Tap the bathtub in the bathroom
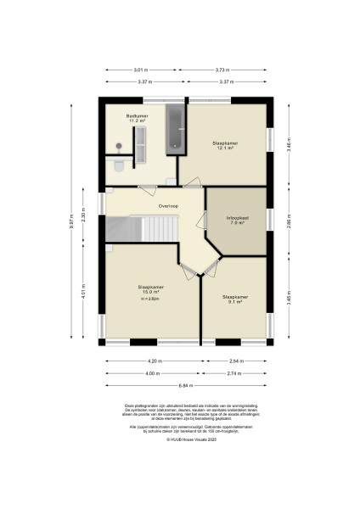pos(176,128)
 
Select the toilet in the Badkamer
pos(119,164)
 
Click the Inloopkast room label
pos(237,220)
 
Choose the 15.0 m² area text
pos(150,292)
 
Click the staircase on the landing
pos(140,228)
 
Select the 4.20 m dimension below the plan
pos(152,361)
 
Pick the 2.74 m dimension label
pos(237,373)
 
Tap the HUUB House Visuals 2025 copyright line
pos(180,439)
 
